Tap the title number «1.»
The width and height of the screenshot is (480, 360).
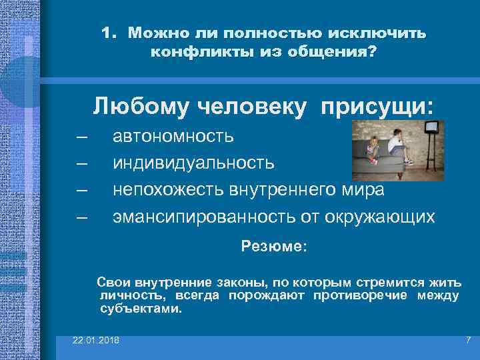tap(111, 33)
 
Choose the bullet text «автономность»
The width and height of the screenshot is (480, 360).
tap(173, 137)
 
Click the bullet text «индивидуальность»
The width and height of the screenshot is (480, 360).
tap(193, 163)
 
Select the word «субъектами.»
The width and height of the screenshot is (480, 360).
tap(140, 309)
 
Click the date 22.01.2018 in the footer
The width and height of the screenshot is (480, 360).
tap(97, 341)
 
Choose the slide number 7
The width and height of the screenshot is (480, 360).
tap(467, 341)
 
